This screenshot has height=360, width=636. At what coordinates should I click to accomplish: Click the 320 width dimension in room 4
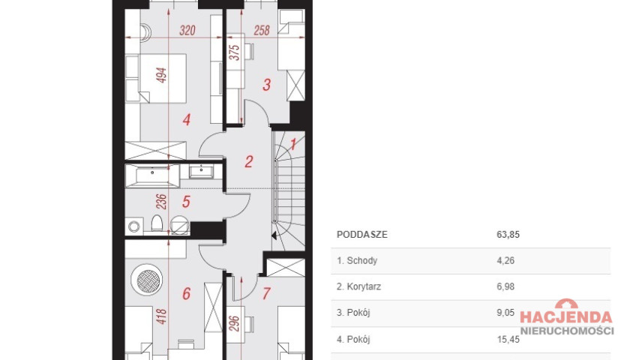[187, 30]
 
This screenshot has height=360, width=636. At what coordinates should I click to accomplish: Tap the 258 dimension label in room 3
[262, 30]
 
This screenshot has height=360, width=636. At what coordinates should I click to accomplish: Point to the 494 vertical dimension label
[161, 76]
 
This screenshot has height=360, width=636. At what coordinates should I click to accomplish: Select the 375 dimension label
[235, 52]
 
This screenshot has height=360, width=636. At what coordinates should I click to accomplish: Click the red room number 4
[187, 119]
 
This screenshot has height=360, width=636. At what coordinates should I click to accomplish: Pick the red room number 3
[266, 85]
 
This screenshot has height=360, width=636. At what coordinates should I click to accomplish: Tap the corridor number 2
[249, 161]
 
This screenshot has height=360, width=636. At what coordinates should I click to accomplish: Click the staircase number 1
[293, 144]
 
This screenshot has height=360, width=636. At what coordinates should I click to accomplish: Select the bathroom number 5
[186, 202]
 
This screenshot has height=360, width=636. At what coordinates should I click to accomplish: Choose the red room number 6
[186, 293]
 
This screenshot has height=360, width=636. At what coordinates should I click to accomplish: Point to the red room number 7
[266, 293]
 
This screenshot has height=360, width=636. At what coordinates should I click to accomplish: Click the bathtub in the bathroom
[152, 175]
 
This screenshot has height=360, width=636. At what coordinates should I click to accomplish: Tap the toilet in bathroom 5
[157, 223]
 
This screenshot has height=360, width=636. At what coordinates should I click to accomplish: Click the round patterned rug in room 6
[147, 280]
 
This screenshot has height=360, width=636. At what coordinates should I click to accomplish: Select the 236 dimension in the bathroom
[161, 202]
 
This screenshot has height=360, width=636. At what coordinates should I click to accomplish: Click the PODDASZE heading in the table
[361, 234]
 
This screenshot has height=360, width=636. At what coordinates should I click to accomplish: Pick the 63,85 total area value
[508, 234]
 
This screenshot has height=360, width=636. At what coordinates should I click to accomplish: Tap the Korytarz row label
[358, 286]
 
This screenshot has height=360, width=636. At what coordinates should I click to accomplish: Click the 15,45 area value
[508, 339]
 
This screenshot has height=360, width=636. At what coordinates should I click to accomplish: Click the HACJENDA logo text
[565, 317]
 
